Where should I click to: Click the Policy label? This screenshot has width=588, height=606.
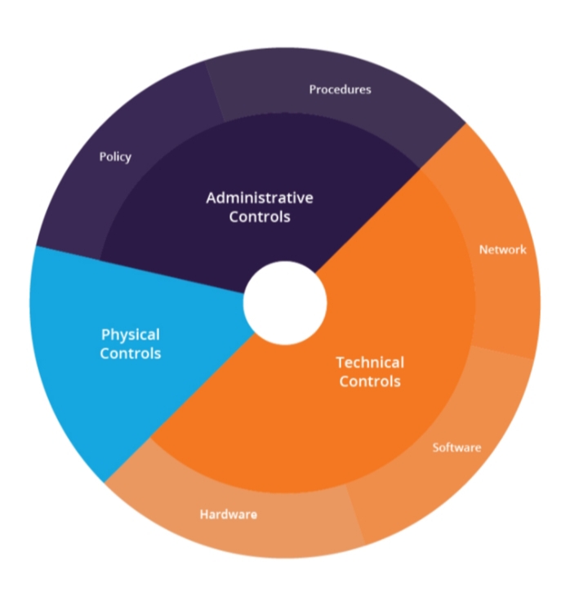pos(115,157)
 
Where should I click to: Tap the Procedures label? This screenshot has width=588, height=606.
pos(340,89)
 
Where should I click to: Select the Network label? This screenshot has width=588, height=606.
pos(502,250)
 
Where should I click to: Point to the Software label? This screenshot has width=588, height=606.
pos(457,448)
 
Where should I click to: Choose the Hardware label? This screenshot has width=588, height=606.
pos(229,515)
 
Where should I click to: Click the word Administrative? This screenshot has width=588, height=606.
pos(259,198)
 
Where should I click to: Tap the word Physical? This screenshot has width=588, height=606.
pos(130,335)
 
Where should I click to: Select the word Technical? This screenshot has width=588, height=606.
pos(370,362)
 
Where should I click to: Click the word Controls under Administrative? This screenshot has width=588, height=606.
pos(259,217)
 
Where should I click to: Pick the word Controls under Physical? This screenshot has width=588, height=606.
pos(130,354)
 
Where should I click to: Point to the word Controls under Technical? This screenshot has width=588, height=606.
pos(370,381)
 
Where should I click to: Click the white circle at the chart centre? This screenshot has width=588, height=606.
pos(285,303)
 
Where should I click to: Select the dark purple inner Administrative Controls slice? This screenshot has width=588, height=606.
pos(204,245)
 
